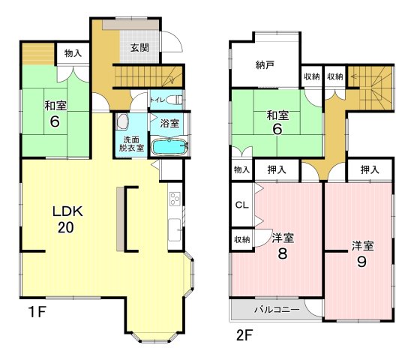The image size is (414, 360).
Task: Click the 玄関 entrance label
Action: [139, 48]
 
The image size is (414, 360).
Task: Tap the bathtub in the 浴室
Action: [169, 147]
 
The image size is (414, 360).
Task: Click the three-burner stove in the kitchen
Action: [175, 199]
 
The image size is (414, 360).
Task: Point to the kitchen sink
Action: [175, 229]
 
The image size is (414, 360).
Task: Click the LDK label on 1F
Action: [67, 211]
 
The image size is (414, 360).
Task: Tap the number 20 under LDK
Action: [66, 228]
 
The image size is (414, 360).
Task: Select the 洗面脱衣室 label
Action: [131, 144]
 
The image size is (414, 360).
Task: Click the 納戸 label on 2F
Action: [265, 65]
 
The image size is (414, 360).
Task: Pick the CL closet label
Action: [241, 205]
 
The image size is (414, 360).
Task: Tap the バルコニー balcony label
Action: [277, 309]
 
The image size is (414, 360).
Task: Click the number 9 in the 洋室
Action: [361, 262]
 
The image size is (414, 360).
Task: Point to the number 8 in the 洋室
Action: [282, 253]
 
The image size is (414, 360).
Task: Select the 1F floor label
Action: [37, 312]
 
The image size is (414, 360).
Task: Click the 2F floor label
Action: [244, 335]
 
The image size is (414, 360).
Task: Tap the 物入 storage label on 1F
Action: [73, 53]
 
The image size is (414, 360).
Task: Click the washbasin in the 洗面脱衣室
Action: [122, 121]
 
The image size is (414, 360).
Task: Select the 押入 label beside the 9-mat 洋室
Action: [370, 169]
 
